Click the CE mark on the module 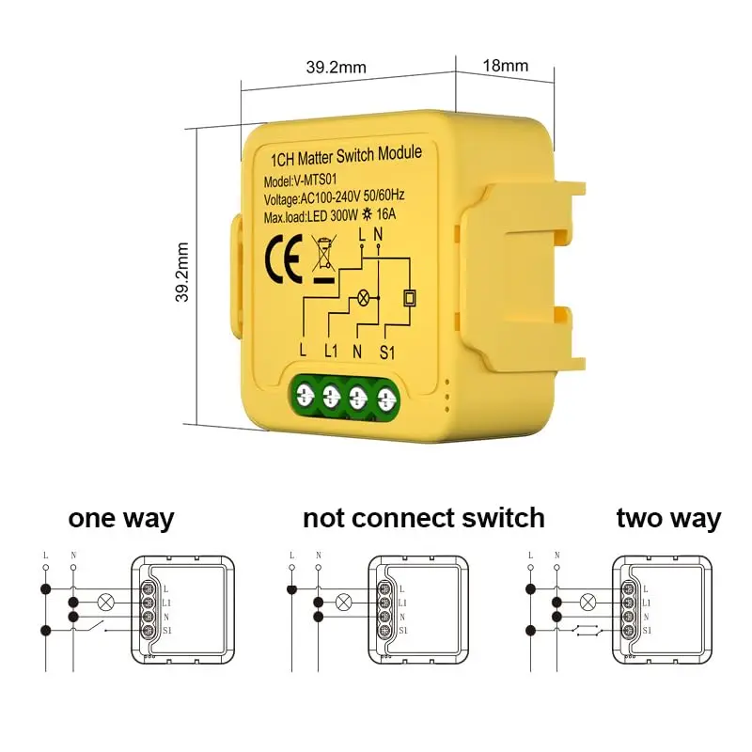coord(284,257)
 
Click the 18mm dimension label coord(506,66)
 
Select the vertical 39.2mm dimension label coord(183,273)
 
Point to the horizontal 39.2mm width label coord(336,67)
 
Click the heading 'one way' coord(120,518)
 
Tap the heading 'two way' coord(668,518)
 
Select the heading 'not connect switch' coord(423,518)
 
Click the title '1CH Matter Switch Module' coord(345,153)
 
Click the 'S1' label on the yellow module coord(387,351)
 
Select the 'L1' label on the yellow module coord(331,351)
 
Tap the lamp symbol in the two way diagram coord(588,602)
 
